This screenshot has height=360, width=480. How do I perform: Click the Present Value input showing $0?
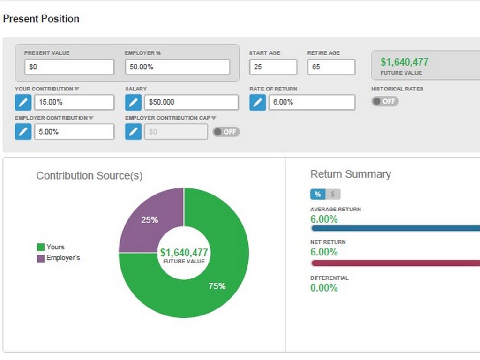(69, 67)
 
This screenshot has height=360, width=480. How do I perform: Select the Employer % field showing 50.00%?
(177, 67)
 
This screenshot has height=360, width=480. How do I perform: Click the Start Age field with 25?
(273, 67)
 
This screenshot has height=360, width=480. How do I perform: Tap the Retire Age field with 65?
(331, 67)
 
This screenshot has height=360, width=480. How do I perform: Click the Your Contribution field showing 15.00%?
(74, 102)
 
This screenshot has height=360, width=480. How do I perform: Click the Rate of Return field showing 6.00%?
(311, 102)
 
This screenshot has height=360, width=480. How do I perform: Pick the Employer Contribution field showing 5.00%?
(74, 132)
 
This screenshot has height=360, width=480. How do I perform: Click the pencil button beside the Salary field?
(134, 102)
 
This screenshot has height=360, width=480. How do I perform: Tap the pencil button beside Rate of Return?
(257, 102)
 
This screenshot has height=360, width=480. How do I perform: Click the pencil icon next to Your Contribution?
(23, 102)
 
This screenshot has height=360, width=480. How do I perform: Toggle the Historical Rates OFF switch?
(385, 101)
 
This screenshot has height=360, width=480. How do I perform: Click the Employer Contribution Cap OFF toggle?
(226, 132)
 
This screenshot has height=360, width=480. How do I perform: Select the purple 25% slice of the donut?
(150, 219)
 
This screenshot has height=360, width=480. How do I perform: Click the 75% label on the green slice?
(217, 286)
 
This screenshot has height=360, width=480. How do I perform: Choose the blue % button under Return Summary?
(317, 194)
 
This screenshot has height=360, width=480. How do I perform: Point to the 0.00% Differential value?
(324, 288)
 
